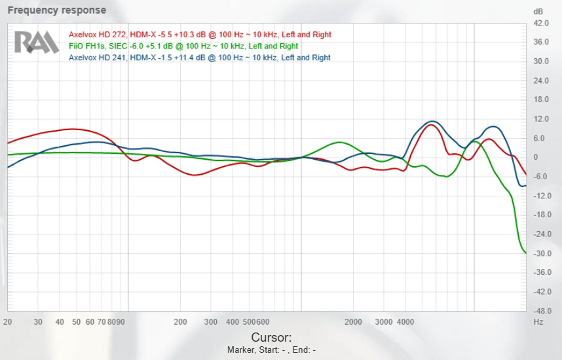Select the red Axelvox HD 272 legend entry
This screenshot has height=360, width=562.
coord(200,35)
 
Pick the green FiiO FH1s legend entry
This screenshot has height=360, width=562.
coord(183,46)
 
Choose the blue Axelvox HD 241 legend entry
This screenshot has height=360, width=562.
coord(200,58)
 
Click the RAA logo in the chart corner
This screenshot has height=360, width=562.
coord(37,42)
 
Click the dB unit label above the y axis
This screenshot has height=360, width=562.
coord(538,12)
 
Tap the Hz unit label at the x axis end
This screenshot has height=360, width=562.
coord(538,322)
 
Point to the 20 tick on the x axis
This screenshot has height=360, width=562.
coord(8,322)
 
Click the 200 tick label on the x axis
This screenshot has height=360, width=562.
coord(180,322)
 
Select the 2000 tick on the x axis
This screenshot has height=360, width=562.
coord(354,322)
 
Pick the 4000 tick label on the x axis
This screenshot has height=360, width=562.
coord(405,322)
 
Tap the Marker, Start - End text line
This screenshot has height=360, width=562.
coord(271,350)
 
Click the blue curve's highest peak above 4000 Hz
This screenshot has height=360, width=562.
coord(431,122)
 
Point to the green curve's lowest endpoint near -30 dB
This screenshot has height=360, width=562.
coord(525,253)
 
